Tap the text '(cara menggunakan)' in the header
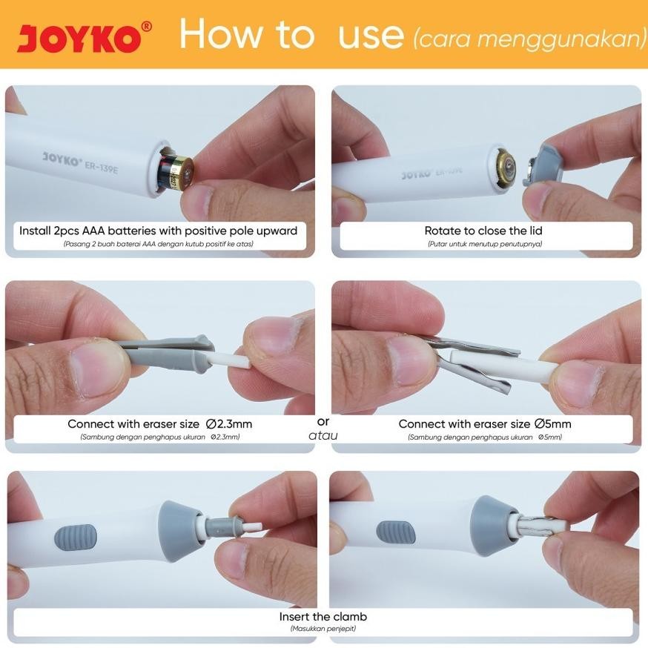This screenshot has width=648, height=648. [529, 39]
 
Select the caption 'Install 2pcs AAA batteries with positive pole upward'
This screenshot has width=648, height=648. [158, 231]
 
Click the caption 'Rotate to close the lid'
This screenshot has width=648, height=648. [483, 231]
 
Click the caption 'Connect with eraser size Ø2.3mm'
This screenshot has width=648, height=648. [160, 424]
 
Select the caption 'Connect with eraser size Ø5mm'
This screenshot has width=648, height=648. [485, 424]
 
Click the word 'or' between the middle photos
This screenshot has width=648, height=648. [323, 420]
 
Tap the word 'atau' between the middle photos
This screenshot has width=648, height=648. [323, 435]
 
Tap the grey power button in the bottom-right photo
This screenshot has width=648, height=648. [395, 532]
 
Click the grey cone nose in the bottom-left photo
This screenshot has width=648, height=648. [181, 526]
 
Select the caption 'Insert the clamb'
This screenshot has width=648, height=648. [323, 617]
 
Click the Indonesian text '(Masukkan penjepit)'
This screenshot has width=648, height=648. [323, 629]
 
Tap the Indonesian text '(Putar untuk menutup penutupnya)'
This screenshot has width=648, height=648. [483, 243]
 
